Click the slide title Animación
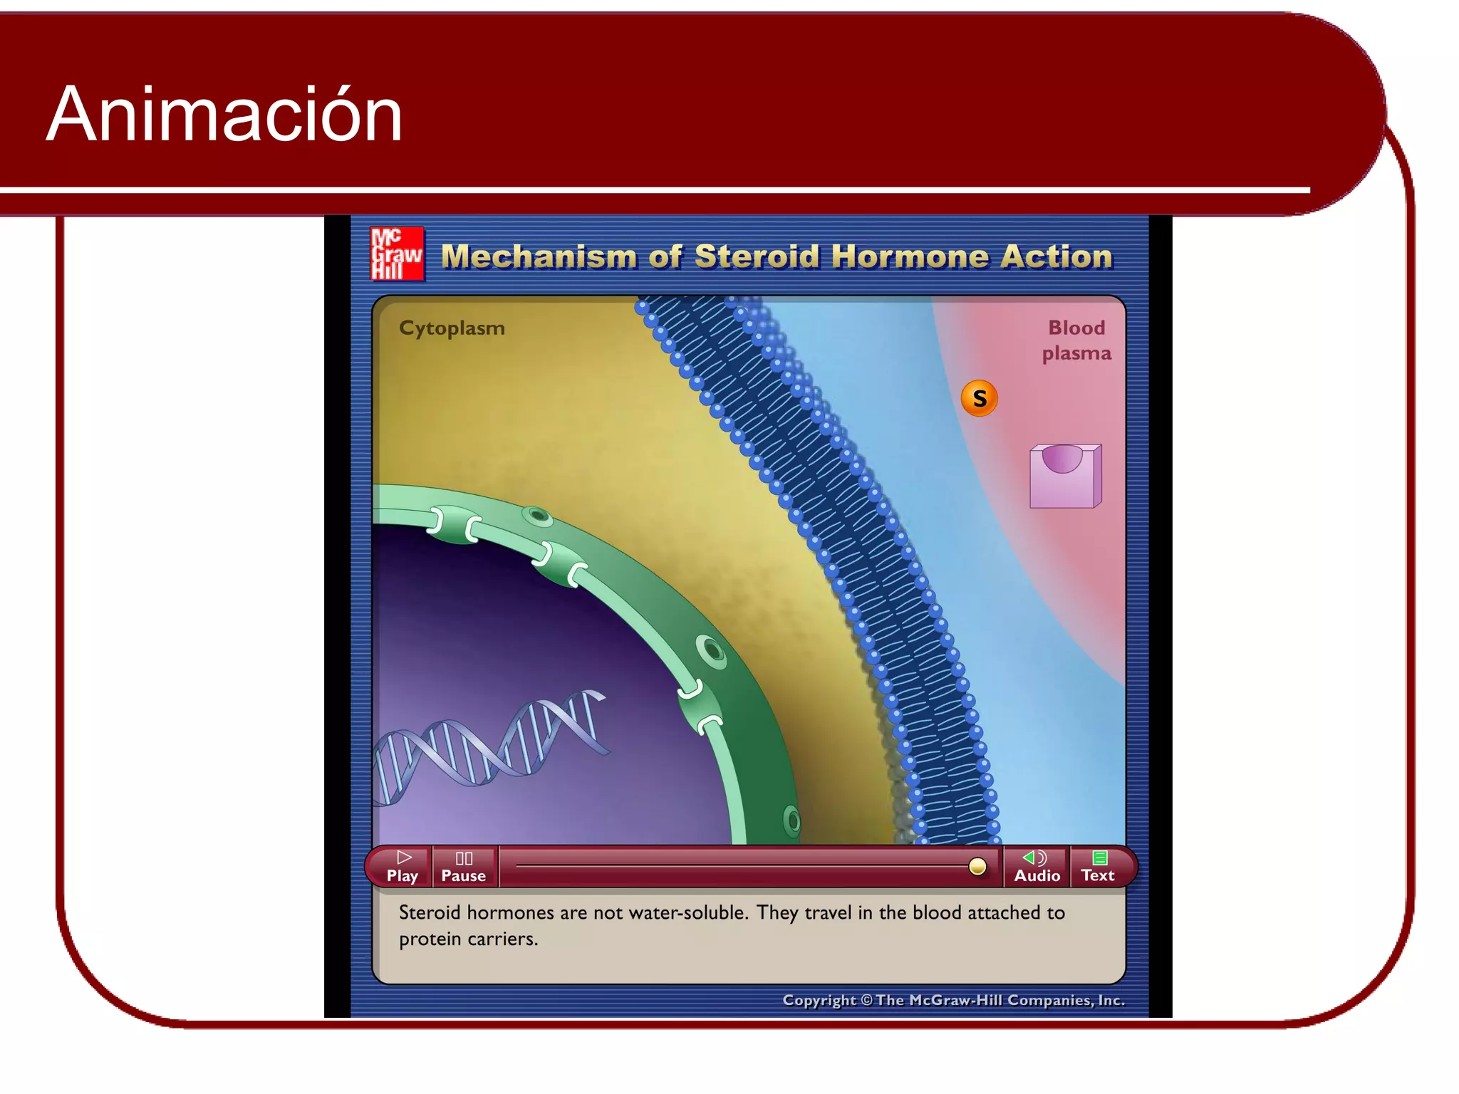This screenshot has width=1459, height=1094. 224,114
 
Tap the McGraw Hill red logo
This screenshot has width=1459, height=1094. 397,254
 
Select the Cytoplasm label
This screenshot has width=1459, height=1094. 452,328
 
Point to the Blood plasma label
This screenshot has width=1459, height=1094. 1076,340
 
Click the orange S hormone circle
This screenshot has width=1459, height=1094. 979,398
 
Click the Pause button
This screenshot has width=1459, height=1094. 464,867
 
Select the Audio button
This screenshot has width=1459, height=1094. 1037,867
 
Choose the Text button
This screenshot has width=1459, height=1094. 1098,867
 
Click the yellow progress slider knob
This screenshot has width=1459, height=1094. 977,866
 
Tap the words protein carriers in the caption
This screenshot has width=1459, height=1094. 468,939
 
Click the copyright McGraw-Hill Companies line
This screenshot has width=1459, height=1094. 953,1000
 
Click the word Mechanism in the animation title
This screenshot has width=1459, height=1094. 539,256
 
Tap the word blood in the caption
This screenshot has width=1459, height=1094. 937,912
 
